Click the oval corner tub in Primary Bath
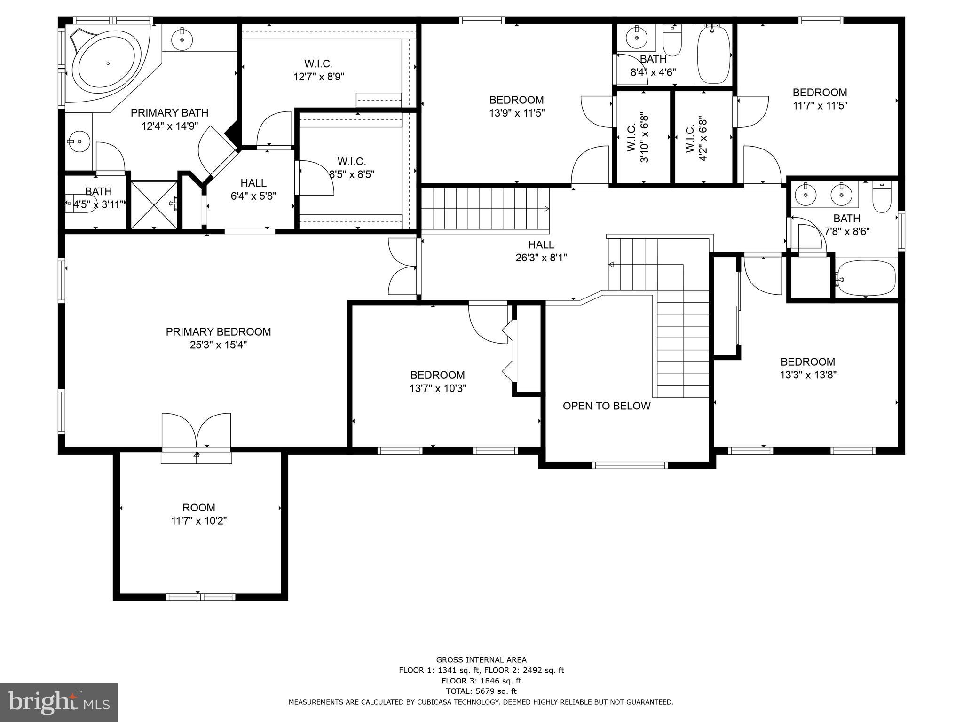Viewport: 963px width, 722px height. pyautogui.click(x=108, y=63)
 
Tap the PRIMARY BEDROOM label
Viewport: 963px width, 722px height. pyautogui.click(x=218, y=332)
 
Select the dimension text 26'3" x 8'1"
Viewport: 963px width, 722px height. pyautogui.click(x=541, y=258)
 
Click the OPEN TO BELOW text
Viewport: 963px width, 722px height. pyautogui.click(x=607, y=406)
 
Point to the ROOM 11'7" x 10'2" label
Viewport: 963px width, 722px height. pyautogui.click(x=199, y=514)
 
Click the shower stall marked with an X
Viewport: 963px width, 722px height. pyautogui.click(x=153, y=205)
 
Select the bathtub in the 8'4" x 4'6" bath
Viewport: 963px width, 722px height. pyautogui.click(x=713, y=55)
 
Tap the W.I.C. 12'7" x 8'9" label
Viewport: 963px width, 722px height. pyautogui.click(x=319, y=70)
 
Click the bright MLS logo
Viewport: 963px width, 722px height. pyautogui.click(x=59, y=702)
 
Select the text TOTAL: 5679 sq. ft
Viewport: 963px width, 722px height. pyautogui.click(x=481, y=691)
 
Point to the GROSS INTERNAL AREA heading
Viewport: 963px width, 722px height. pyautogui.click(x=481, y=659)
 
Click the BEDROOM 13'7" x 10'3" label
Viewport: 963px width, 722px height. pyautogui.click(x=437, y=381)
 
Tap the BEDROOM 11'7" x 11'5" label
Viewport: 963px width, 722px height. pyautogui.click(x=820, y=99)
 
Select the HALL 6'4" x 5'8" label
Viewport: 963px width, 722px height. pyautogui.click(x=253, y=189)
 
